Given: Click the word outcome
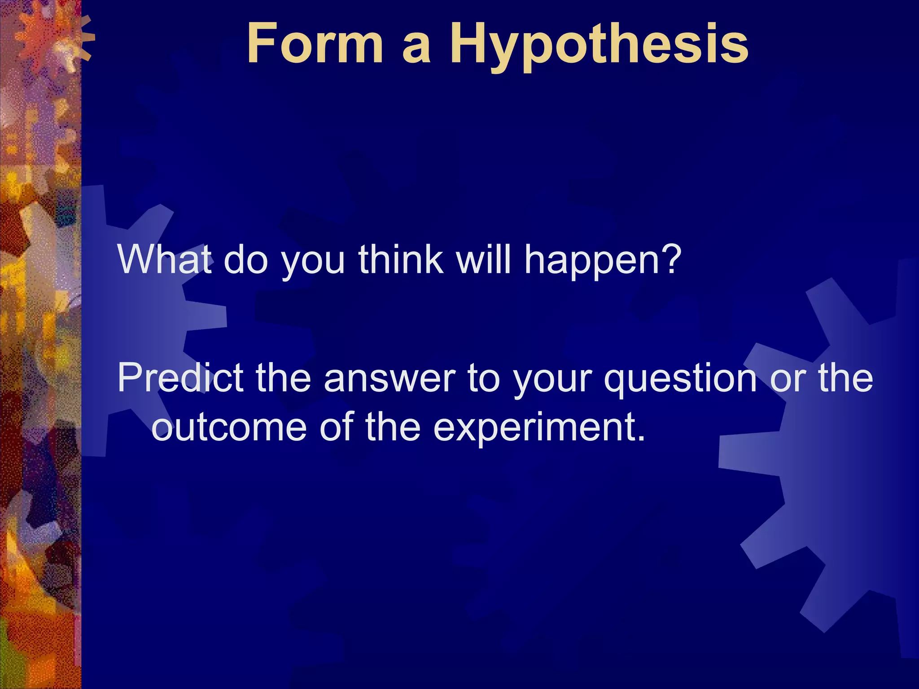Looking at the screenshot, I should click(x=229, y=427).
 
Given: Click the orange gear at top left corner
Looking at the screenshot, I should click(x=54, y=40).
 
